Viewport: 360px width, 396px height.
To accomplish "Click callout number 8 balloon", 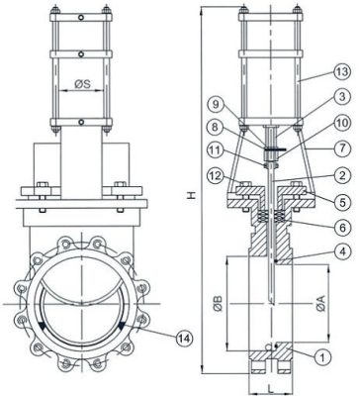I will tap(216, 153).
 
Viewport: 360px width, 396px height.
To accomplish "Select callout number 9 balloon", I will tap(216, 129).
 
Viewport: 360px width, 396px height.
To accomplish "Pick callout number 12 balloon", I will tap(216, 203).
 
